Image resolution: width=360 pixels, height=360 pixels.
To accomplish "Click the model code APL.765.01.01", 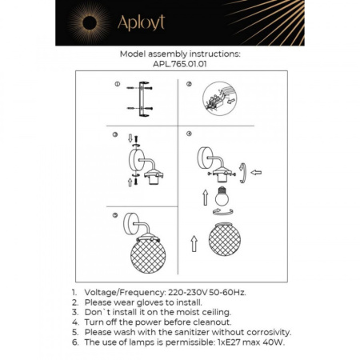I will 179,66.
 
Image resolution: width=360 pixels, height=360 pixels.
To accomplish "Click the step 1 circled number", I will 117,83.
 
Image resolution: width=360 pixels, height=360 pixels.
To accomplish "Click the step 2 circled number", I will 189,84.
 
